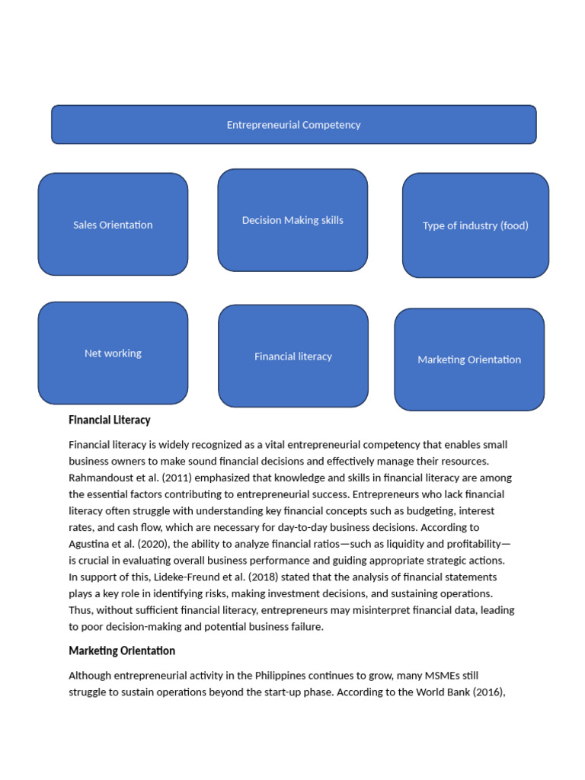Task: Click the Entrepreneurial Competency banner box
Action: [x=293, y=125]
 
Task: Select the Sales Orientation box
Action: [x=113, y=225]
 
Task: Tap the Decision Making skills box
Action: [x=292, y=220]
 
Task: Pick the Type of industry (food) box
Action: [x=475, y=225]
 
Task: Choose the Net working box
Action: [x=113, y=353]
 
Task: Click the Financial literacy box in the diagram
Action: [x=293, y=356]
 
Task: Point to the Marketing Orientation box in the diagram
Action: [x=469, y=360]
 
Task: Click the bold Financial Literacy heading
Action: [x=110, y=420]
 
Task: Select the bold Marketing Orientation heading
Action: [x=122, y=651]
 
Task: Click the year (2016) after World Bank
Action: [x=488, y=692]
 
